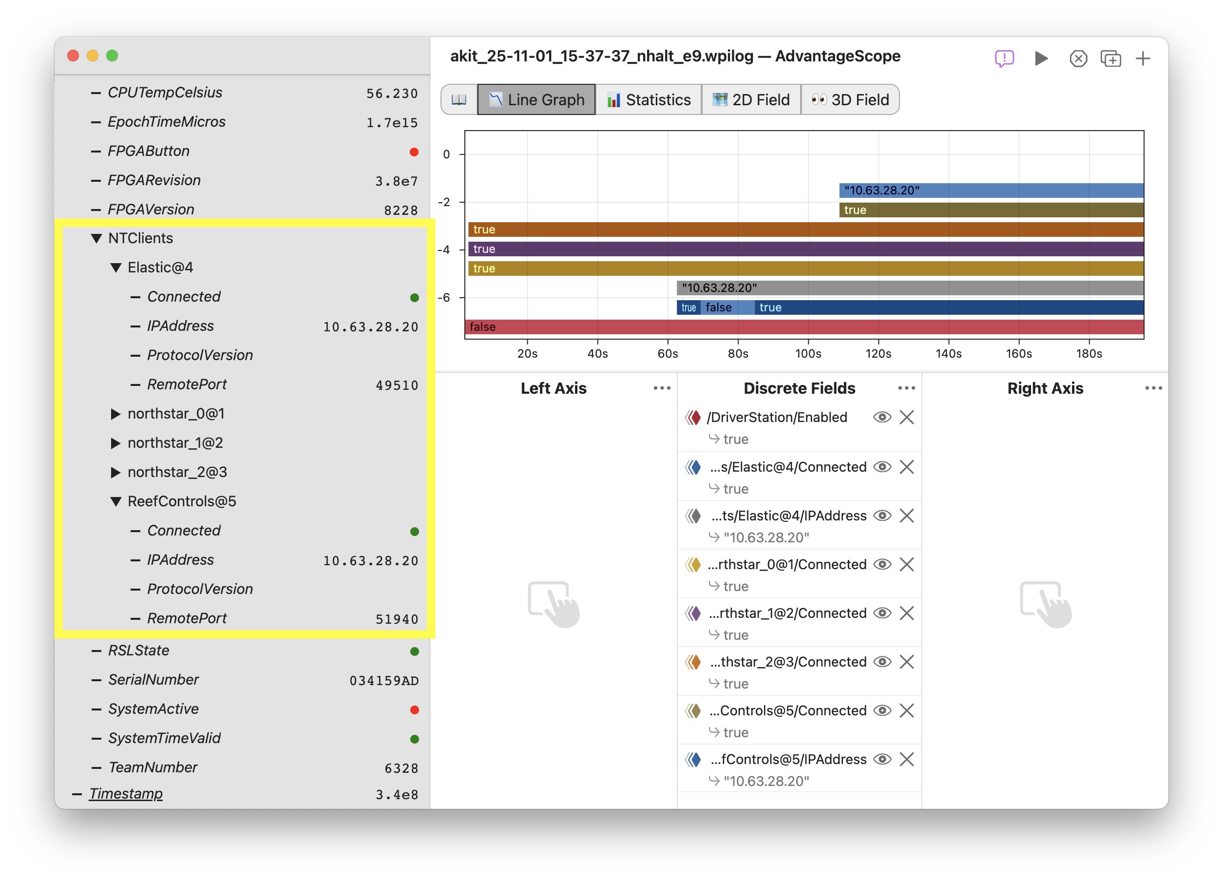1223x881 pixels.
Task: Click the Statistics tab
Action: [x=648, y=100]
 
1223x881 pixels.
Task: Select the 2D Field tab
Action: [x=751, y=100]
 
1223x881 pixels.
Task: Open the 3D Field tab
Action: [x=850, y=100]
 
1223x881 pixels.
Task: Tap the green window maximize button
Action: [x=112, y=56]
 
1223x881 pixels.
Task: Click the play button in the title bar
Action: [x=1041, y=58]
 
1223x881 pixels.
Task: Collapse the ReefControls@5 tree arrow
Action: [x=115, y=501]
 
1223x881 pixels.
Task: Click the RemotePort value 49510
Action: [x=397, y=385]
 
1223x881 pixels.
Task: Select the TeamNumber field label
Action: [x=153, y=767]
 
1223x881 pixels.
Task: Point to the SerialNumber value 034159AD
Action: [x=384, y=680]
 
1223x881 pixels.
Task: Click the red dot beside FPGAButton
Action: [x=414, y=152]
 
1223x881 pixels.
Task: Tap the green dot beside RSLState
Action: [x=414, y=651]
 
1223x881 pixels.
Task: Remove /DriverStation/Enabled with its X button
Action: [x=907, y=417]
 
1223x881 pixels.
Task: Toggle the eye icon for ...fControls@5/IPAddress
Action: [x=882, y=759]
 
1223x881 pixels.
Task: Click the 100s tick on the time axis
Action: [x=808, y=354]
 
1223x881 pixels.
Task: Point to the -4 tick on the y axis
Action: [x=444, y=249]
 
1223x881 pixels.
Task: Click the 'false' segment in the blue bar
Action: [x=719, y=307]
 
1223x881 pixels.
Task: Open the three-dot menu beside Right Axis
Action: [x=1153, y=388]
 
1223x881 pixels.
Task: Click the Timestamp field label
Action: [x=126, y=794]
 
